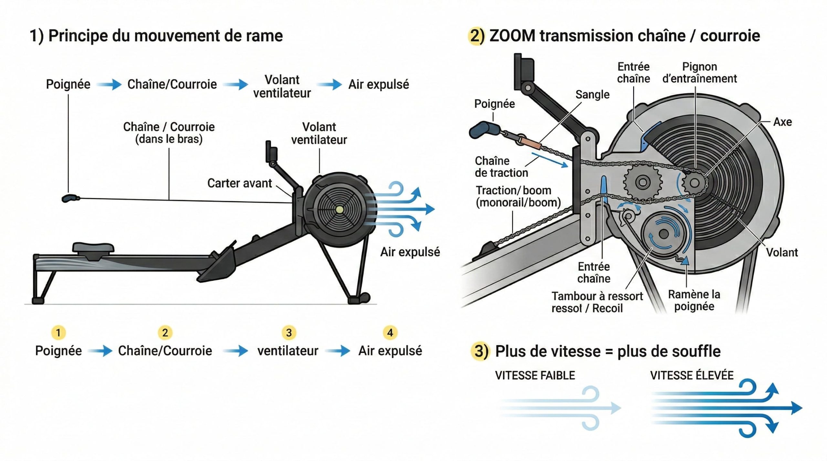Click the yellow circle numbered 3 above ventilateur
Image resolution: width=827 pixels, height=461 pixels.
tap(289, 333)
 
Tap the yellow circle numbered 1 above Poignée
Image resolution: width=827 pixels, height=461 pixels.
tap(58, 333)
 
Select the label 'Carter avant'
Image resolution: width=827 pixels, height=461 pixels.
tap(239, 183)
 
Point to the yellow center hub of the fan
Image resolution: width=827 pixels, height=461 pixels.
tap(339, 210)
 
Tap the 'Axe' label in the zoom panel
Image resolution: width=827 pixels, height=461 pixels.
tap(782, 122)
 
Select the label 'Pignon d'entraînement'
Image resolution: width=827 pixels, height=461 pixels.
tap(699, 73)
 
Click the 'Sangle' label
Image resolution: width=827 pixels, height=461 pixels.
tap(592, 95)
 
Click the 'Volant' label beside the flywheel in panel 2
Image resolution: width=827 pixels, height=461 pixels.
tap(782, 252)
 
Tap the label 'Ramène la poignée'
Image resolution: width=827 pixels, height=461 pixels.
tap(694, 300)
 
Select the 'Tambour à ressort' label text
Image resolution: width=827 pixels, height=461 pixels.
tap(597, 296)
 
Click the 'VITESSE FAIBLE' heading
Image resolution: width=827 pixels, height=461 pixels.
tap(535, 376)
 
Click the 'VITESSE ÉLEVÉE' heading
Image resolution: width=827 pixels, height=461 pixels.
tap(692, 376)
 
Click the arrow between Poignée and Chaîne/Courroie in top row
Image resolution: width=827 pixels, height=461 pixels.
tap(109, 85)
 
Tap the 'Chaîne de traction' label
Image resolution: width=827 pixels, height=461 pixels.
tap(501, 166)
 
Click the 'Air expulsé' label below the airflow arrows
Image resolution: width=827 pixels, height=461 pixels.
tap(410, 252)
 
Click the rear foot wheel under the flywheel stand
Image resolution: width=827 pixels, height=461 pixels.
tap(364, 297)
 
